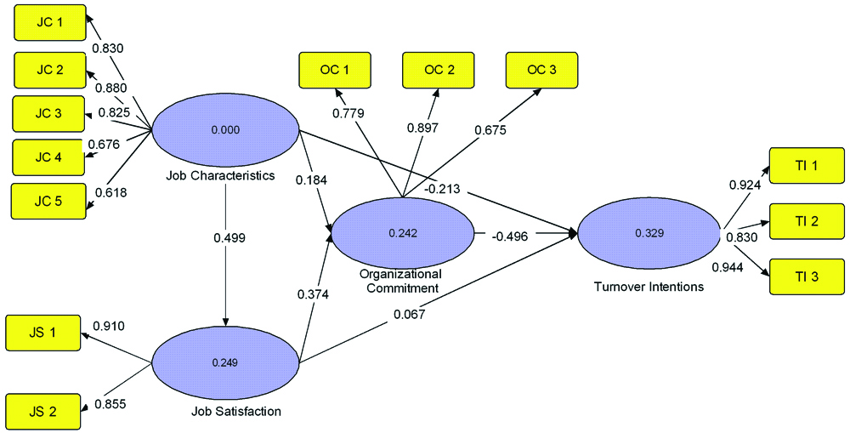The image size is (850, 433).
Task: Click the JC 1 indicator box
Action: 48,24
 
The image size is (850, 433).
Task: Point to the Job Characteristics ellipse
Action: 225,131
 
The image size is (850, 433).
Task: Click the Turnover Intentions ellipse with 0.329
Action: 648,232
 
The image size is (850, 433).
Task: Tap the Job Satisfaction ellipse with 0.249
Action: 225,362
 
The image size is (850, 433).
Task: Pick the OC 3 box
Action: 541,70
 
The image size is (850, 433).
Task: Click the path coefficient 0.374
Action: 312,293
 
